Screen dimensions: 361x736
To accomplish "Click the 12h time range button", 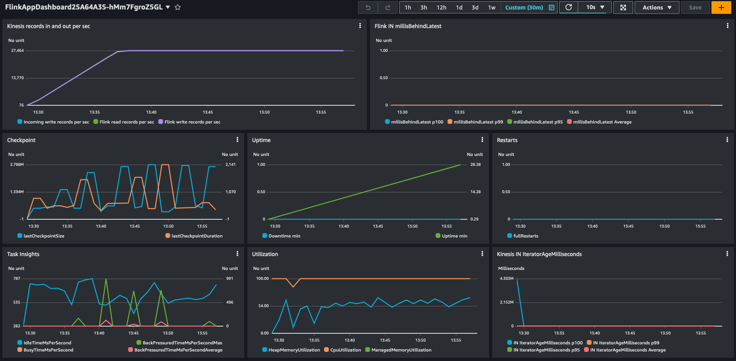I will tap(441, 8).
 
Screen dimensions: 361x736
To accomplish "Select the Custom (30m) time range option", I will tap(524, 8).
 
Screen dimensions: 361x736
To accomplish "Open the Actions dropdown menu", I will tap(657, 8).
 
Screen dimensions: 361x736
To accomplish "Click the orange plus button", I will tap(721, 8).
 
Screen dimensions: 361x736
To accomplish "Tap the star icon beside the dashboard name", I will tap(178, 8).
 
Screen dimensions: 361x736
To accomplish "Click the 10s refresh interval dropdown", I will tap(595, 8).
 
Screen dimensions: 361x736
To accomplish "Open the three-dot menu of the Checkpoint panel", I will tap(237, 140).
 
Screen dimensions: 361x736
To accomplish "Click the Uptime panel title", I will tap(261, 140).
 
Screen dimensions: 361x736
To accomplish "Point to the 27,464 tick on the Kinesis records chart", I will tap(17, 51).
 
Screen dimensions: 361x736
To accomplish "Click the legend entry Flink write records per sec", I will tap(192, 122).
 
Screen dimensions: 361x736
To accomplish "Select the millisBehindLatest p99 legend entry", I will tap(478, 122).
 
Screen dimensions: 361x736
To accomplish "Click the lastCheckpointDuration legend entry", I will tap(197, 236).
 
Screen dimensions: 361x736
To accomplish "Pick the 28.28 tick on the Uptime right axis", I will tap(475, 165).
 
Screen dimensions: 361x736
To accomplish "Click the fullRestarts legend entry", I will tap(525, 236).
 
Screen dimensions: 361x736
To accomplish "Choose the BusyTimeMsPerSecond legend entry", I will tap(48, 350).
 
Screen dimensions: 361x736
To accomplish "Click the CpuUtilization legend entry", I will tap(345, 350).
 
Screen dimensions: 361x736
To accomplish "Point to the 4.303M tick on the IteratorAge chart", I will tap(506, 279).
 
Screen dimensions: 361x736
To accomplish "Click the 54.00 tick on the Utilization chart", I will tap(263, 306).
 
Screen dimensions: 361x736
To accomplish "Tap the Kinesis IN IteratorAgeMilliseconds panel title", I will tap(539, 254).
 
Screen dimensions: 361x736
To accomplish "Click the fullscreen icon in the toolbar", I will tap(623, 8).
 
